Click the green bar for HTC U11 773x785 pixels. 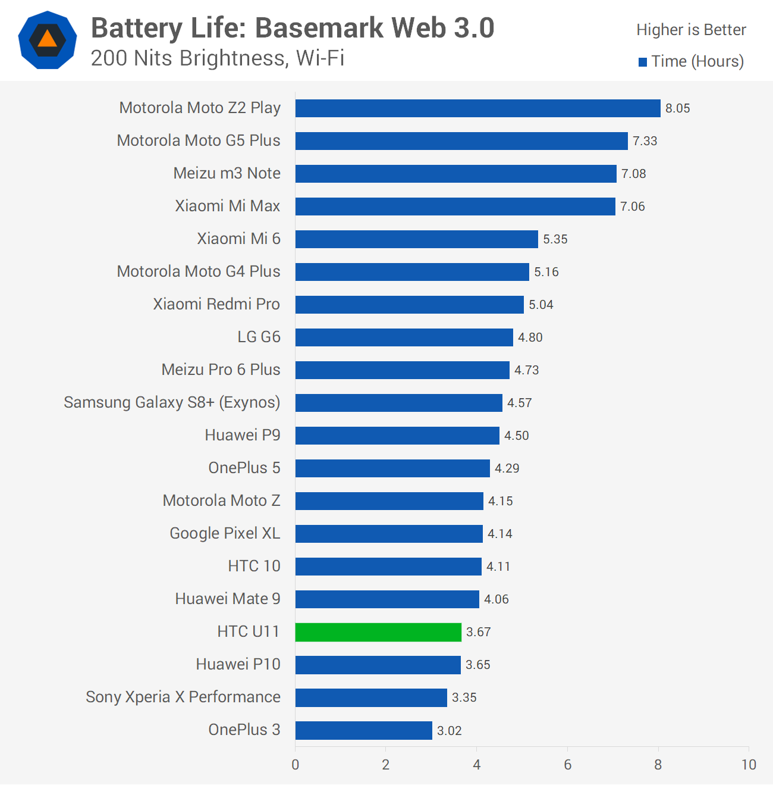click(378, 632)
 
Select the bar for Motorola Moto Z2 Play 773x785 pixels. click(478, 108)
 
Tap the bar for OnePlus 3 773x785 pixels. click(363, 730)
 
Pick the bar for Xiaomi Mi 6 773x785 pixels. click(416, 239)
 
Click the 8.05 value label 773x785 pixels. click(677, 108)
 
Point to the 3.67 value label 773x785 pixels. click(478, 632)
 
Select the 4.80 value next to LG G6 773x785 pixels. click(530, 337)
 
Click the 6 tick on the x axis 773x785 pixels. click(567, 765)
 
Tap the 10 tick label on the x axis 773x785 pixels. click(749, 765)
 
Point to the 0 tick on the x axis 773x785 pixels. click(295, 765)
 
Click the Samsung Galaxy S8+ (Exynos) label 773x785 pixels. click(172, 402)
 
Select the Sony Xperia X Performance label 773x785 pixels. click(183, 697)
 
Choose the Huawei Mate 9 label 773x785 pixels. click(228, 599)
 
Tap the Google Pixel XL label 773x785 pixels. click(225, 533)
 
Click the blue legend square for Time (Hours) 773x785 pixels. click(643, 62)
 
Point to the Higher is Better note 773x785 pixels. click(691, 30)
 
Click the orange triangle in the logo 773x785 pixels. click(48, 39)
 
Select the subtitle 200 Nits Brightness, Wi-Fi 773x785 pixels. click(218, 58)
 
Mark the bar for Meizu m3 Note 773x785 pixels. click(456, 174)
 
